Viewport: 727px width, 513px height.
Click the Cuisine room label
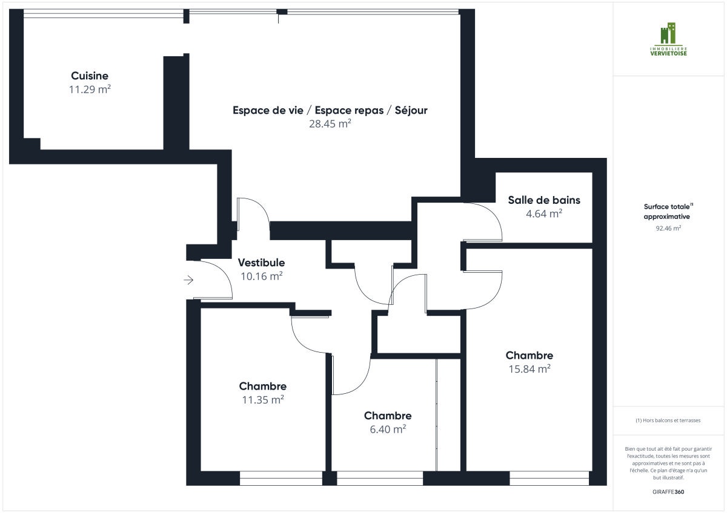pyautogui.click(x=90, y=76)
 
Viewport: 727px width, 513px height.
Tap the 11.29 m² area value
pyautogui.click(x=90, y=90)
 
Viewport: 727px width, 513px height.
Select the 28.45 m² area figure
pyautogui.click(x=330, y=124)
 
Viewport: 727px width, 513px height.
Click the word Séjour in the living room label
pyautogui.click(x=411, y=110)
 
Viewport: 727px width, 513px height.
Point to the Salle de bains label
pyautogui.click(x=544, y=200)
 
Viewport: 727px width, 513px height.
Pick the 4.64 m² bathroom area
pyautogui.click(x=544, y=214)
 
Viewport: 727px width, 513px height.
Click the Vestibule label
pyautogui.click(x=261, y=263)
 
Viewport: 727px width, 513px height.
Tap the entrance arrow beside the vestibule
pyautogui.click(x=188, y=280)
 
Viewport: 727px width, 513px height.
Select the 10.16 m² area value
pyautogui.click(x=261, y=276)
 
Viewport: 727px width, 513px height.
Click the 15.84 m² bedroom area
pyautogui.click(x=529, y=369)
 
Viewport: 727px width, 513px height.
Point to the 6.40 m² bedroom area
pyautogui.click(x=388, y=430)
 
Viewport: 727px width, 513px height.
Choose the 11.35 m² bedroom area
pyautogui.click(x=263, y=400)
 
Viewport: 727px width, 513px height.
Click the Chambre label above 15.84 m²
pyautogui.click(x=529, y=356)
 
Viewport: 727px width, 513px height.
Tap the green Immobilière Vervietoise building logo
pyautogui.click(x=668, y=33)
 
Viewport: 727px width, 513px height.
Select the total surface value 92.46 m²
pyautogui.click(x=668, y=228)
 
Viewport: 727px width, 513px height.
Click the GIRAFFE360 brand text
pyautogui.click(x=668, y=492)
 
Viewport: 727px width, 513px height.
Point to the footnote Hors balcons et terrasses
pyautogui.click(x=668, y=420)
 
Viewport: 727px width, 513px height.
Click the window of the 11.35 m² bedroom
pyautogui.click(x=281, y=479)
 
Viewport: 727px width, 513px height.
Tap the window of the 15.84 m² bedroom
pyautogui.click(x=549, y=479)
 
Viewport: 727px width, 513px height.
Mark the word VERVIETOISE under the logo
pyautogui.click(x=669, y=53)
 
